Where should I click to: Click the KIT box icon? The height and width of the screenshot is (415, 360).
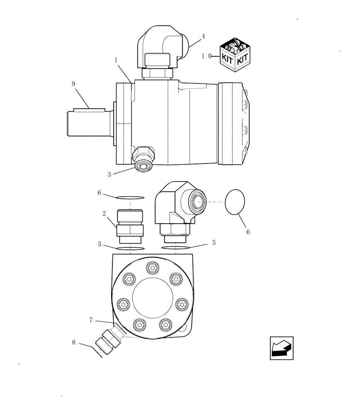(x=234, y=54)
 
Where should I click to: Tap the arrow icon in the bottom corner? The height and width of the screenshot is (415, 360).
(x=282, y=348)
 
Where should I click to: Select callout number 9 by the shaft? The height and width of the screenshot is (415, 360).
(x=73, y=84)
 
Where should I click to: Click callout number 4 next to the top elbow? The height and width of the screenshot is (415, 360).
(x=203, y=37)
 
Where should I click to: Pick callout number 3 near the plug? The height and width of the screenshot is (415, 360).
(x=109, y=175)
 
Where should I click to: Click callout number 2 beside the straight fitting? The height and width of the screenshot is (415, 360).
(x=104, y=213)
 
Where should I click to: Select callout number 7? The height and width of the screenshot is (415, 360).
(x=91, y=320)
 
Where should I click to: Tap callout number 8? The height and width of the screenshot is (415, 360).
(x=74, y=343)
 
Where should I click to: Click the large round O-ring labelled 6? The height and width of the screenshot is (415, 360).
(x=235, y=202)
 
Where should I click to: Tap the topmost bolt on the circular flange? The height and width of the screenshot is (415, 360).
(x=152, y=268)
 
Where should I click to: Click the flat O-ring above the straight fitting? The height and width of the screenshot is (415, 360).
(x=130, y=197)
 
